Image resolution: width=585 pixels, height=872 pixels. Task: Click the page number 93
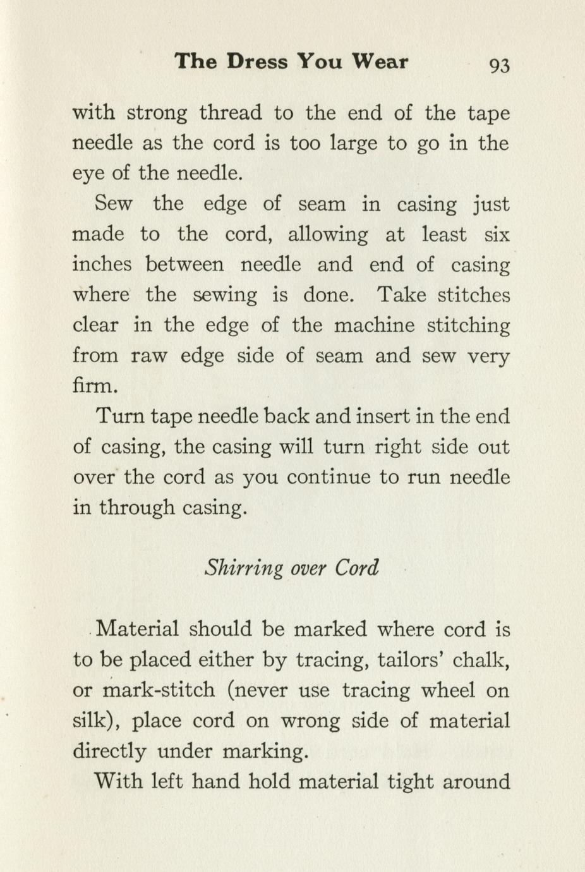point(498,64)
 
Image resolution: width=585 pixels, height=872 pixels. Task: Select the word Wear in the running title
point(379,62)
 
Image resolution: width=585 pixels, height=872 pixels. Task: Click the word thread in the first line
point(230,114)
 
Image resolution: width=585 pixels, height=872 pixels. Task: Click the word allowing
point(327,235)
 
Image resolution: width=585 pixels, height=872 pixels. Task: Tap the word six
point(497,235)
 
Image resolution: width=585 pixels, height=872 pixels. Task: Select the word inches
point(102,265)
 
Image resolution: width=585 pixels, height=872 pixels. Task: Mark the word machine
point(373,326)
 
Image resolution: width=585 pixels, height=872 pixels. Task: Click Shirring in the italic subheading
point(244,568)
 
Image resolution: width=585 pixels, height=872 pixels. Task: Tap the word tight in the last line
point(409,782)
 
